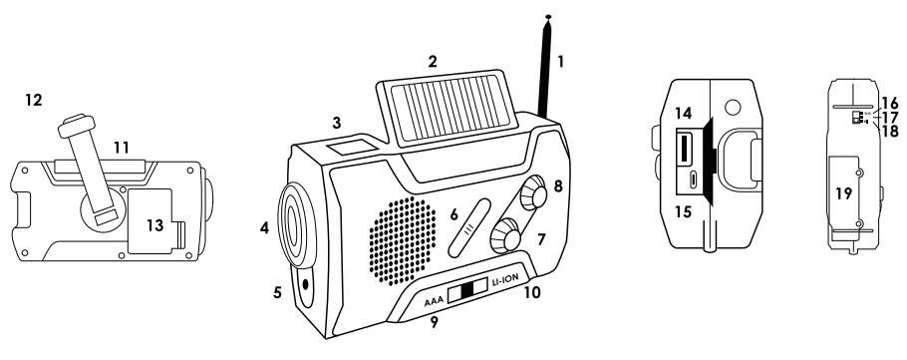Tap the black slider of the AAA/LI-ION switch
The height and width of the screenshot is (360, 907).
(466, 292)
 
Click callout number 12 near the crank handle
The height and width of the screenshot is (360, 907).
(35, 100)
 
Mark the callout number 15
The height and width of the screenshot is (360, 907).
(683, 212)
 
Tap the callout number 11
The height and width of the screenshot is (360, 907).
(121, 147)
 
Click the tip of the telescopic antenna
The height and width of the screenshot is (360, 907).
(547, 16)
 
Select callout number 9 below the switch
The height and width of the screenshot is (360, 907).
(434, 323)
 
